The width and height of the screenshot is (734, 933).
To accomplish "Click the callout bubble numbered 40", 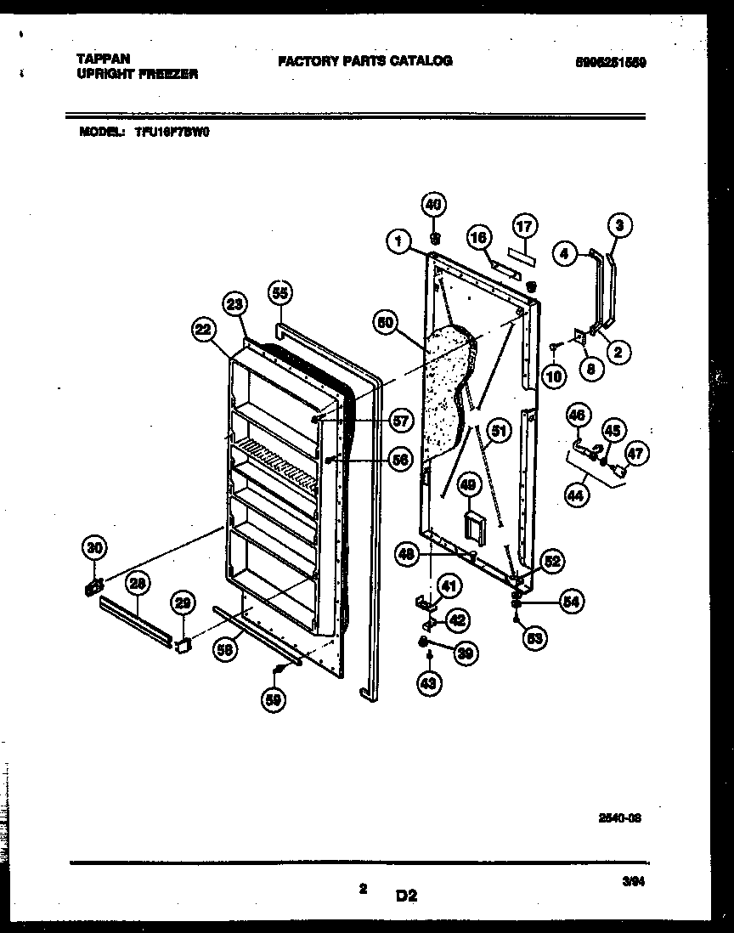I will (x=434, y=205).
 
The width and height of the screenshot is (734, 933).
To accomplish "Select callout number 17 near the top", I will (x=524, y=226).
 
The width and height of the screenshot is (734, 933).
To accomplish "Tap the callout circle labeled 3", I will (x=619, y=226).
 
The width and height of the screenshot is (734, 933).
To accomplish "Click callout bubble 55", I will (x=279, y=293).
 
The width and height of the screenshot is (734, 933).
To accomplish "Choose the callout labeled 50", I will (x=385, y=322).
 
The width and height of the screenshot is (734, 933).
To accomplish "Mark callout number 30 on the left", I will (x=94, y=549).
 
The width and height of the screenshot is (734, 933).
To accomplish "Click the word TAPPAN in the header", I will (x=104, y=59).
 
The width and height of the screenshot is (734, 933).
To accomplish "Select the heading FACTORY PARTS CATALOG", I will (x=364, y=60).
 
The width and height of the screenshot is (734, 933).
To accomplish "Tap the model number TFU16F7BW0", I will (x=164, y=133).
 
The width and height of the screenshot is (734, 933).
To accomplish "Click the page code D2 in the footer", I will (x=406, y=895).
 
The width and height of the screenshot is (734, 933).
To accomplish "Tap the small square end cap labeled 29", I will (x=183, y=645).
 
